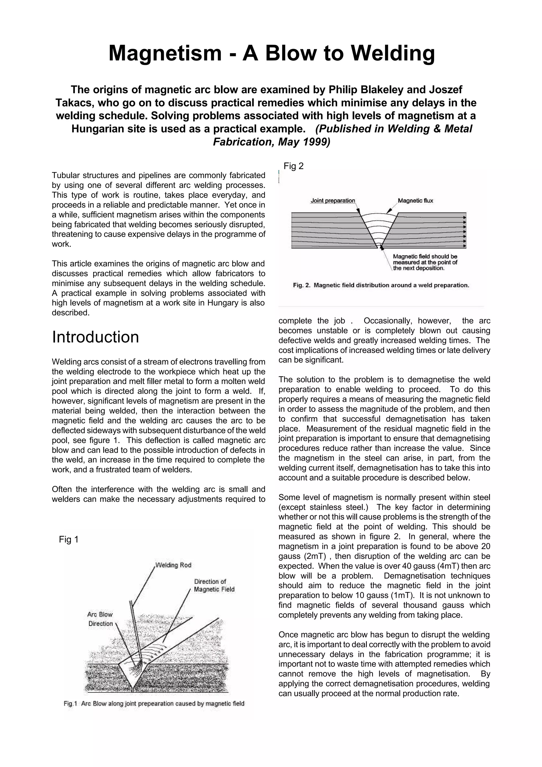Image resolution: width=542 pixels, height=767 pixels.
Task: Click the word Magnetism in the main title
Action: [x=165, y=53]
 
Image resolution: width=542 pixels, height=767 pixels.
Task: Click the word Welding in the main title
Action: [x=393, y=53]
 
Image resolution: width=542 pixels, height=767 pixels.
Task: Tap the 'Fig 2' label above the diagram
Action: [x=293, y=166]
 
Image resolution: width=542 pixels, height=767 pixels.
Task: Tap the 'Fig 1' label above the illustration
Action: [x=69, y=539]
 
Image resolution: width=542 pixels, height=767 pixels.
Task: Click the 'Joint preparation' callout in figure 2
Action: [x=333, y=201]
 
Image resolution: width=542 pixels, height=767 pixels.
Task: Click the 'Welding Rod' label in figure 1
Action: [x=173, y=565]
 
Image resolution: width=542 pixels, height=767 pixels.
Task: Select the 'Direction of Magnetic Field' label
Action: [x=214, y=585]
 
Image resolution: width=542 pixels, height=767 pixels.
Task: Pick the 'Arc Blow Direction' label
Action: [x=100, y=619]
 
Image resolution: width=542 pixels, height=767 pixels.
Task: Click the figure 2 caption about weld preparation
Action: [x=381, y=285]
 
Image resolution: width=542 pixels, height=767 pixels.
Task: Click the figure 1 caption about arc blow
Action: [x=154, y=704]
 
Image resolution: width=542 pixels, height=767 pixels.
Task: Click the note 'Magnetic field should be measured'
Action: [x=425, y=262]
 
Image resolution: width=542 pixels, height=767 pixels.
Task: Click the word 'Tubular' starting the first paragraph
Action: [x=65, y=175]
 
